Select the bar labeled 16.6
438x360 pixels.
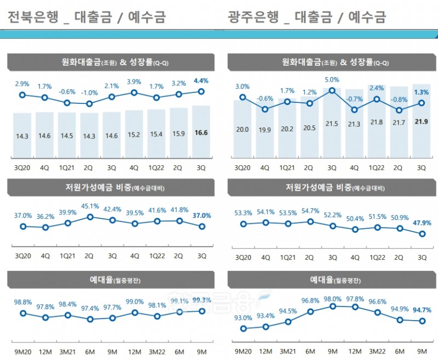point(201,131)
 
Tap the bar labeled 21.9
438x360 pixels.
point(422,123)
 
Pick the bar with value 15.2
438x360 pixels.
point(134,134)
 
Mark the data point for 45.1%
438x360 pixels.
point(90,217)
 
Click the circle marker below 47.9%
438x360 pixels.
point(422,234)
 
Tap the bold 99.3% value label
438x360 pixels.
point(201,300)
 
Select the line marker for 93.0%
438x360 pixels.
point(243,329)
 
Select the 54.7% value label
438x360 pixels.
point(310,211)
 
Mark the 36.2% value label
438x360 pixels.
point(45,217)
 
